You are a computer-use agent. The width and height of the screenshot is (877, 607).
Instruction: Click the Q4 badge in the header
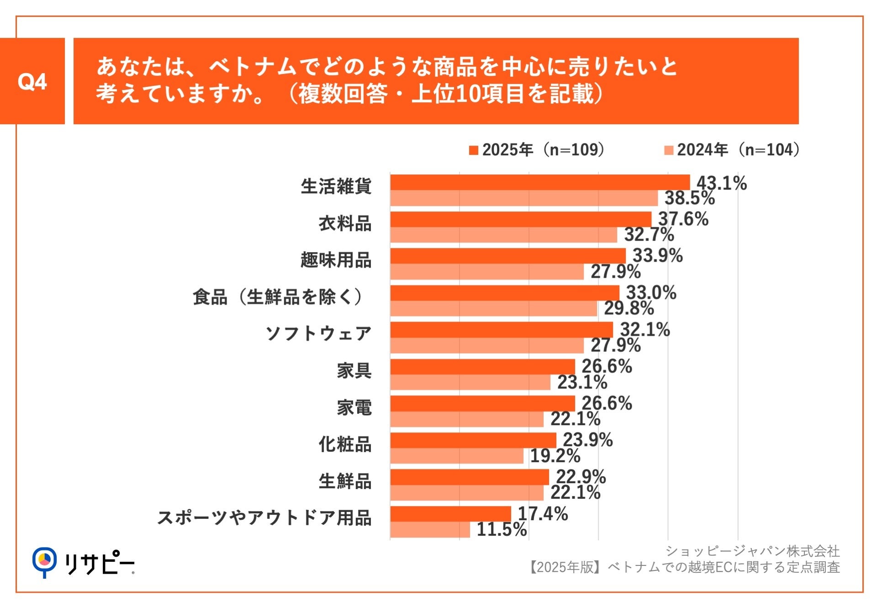point(32,81)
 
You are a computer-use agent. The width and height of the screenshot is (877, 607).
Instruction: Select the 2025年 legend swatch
point(473,150)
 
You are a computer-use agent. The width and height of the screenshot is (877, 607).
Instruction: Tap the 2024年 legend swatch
point(668,150)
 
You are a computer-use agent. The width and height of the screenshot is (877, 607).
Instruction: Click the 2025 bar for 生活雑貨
point(539,182)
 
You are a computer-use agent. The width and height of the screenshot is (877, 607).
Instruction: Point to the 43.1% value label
point(721,183)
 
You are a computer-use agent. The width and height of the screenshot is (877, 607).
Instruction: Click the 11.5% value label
point(502,529)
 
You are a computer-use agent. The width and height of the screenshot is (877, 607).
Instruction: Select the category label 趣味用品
point(336,260)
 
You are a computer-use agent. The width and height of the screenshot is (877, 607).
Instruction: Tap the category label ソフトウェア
point(318,333)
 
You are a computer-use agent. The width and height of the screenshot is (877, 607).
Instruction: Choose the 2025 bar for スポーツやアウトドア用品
point(450,514)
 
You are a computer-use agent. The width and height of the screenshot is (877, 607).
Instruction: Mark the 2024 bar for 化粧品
point(457,456)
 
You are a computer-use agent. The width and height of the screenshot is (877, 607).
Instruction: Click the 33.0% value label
point(651,293)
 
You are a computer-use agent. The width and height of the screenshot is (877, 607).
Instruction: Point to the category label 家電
point(354,407)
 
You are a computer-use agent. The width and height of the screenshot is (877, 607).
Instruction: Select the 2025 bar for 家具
point(482,367)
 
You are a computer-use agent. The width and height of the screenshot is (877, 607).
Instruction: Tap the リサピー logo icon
point(44,561)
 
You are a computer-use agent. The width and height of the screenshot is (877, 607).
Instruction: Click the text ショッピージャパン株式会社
point(752,551)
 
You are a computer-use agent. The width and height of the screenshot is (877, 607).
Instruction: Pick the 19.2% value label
point(555,456)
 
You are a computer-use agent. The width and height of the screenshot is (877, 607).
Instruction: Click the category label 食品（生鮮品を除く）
point(278,297)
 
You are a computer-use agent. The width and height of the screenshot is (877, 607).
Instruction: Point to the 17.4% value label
point(543,514)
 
